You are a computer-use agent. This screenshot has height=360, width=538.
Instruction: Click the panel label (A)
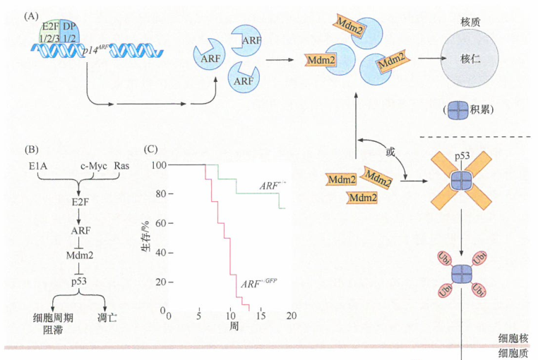pyautogui.click(x=31, y=16)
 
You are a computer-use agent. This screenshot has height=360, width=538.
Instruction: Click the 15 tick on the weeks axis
pyautogui.click(x=261, y=315)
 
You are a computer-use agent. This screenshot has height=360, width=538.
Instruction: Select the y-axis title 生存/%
pyautogui.click(x=148, y=240)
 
